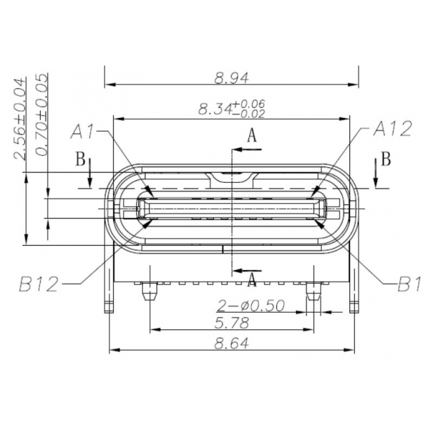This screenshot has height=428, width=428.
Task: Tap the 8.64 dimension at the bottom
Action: (231, 342)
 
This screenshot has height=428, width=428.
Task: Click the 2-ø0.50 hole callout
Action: (251, 306)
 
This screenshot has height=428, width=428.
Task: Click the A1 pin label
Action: (84, 130)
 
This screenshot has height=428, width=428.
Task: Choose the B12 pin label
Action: (40, 283)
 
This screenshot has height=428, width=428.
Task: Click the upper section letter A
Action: (252, 136)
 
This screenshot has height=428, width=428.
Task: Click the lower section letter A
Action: (252, 280)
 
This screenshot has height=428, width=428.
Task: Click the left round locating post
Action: (148, 294)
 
